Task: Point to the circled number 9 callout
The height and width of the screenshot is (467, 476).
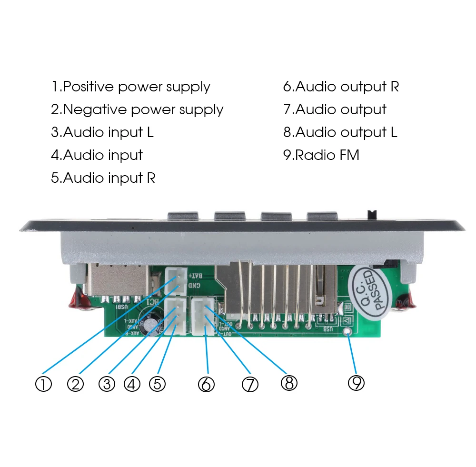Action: coord(356,382)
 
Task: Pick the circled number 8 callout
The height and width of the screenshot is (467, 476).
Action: coord(289,382)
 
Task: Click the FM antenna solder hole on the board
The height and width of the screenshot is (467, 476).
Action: coord(349,331)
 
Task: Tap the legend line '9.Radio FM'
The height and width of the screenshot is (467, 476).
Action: coord(321,155)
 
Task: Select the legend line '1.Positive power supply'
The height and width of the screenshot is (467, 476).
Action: coord(131,87)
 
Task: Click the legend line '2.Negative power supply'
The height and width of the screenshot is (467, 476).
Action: coord(137,109)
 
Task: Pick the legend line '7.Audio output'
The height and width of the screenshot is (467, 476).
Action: coord(335,109)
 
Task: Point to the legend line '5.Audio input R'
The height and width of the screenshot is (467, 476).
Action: coord(103,178)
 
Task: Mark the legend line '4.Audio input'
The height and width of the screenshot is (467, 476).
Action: coord(97,155)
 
